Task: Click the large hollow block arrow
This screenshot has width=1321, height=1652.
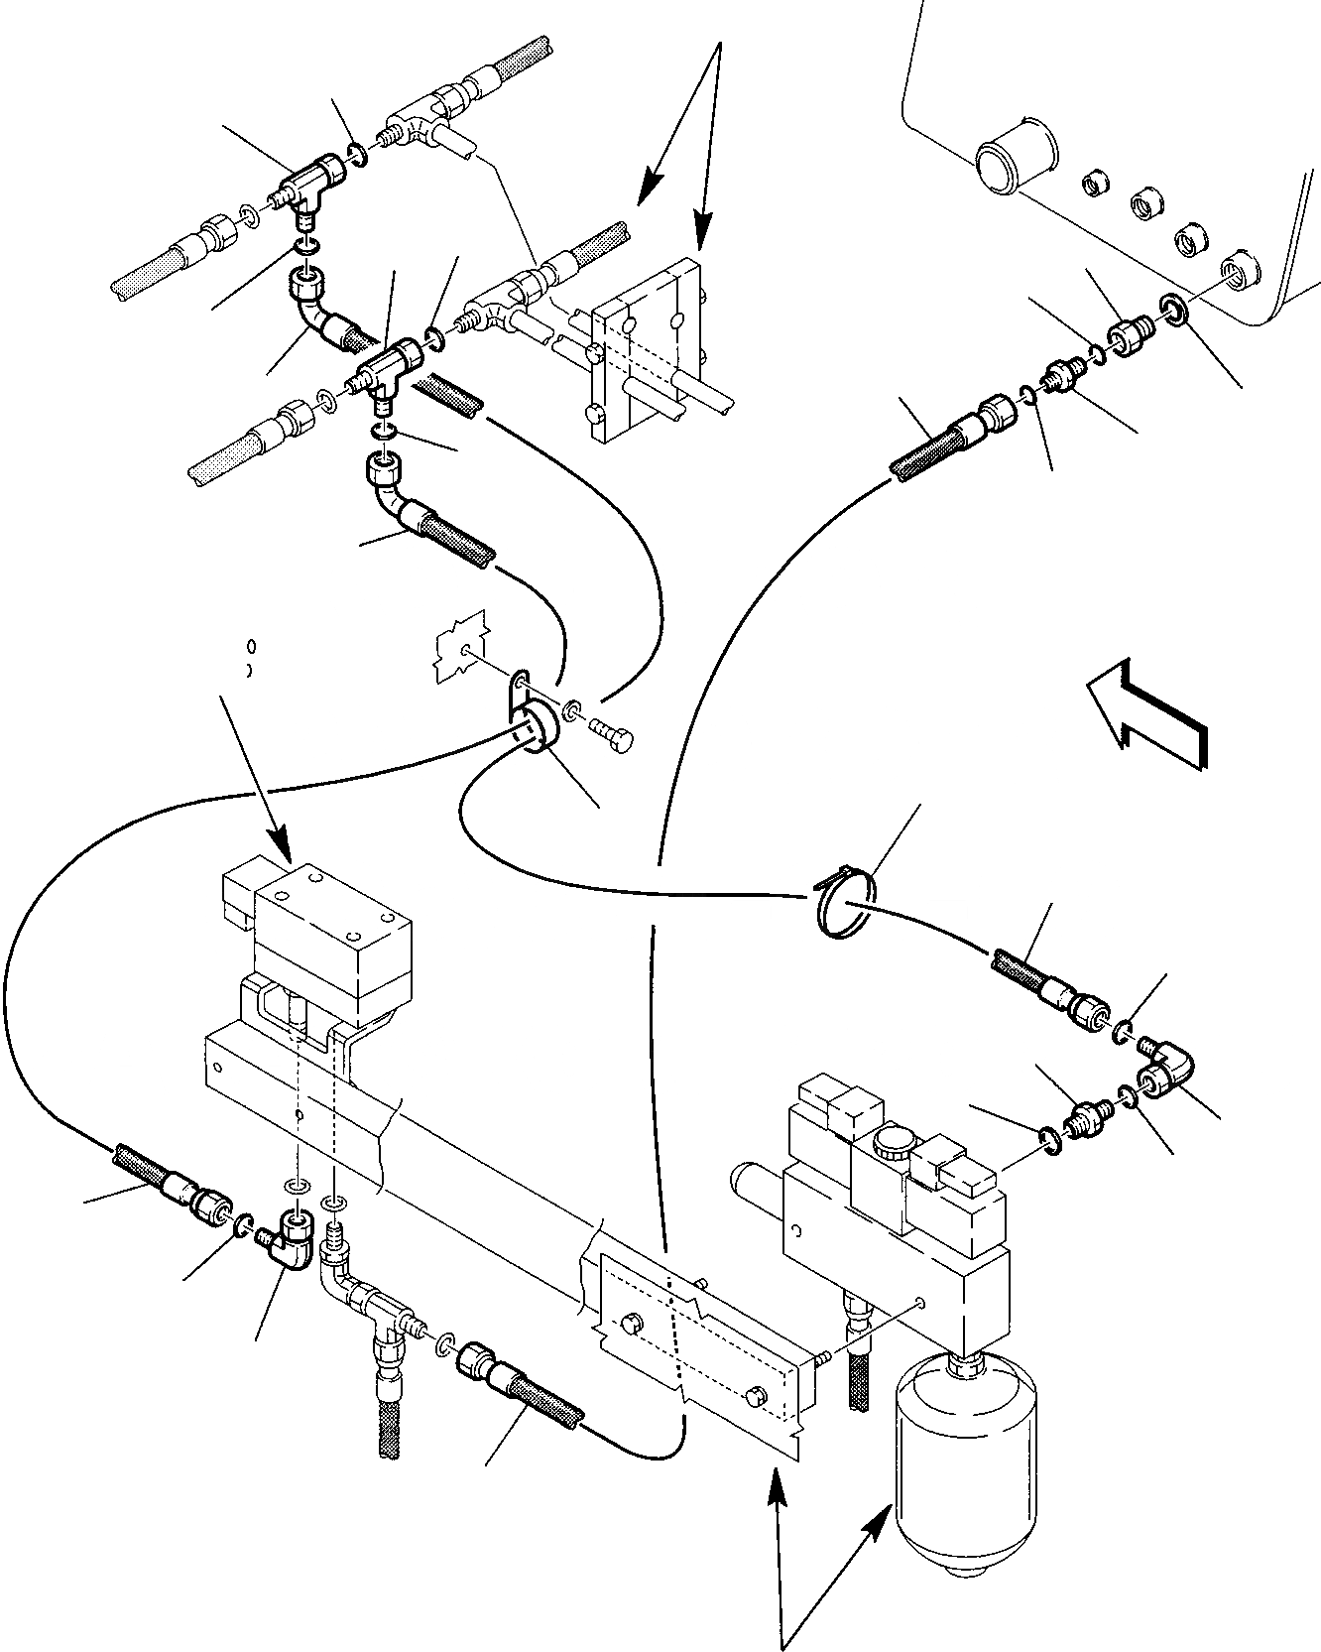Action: click(1147, 710)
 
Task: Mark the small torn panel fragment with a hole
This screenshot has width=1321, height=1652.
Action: click(460, 649)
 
